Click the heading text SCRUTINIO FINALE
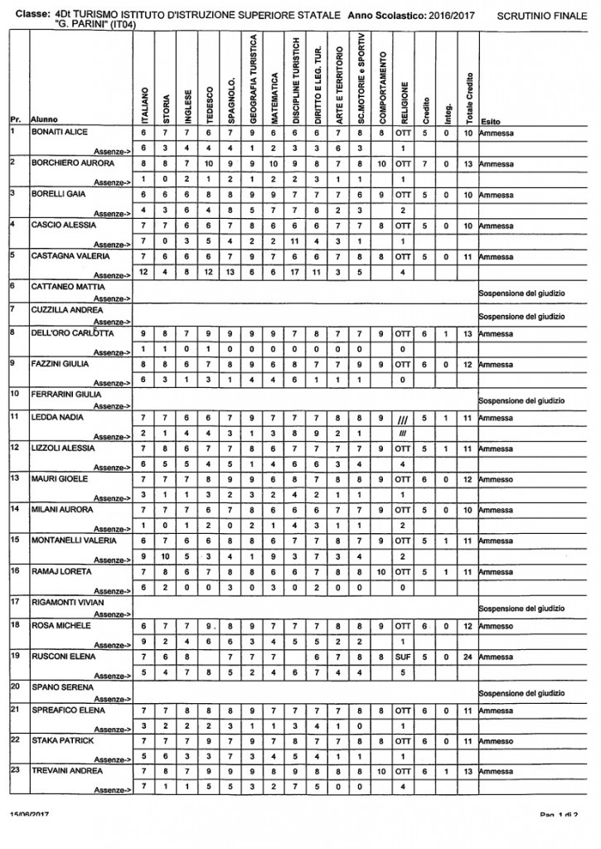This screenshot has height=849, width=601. pyautogui.click(x=542, y=16)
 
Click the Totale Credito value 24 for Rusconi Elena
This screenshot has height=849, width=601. pyautogui.click(x=468, y=657)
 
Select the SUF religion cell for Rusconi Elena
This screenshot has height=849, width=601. pyautogui.click(x=403, y=657)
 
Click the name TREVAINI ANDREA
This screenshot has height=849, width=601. pyautogui.click(x=64, y=770)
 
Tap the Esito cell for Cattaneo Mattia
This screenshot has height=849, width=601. pyautogui.click(x=522, y=293)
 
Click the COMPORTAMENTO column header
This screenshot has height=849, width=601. pyautogui.click(x=381, y=83)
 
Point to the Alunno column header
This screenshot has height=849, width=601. pyautogui.click(x=44, y=120)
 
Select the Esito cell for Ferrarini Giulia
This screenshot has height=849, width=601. pyautogui.click(x=522, y=400)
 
